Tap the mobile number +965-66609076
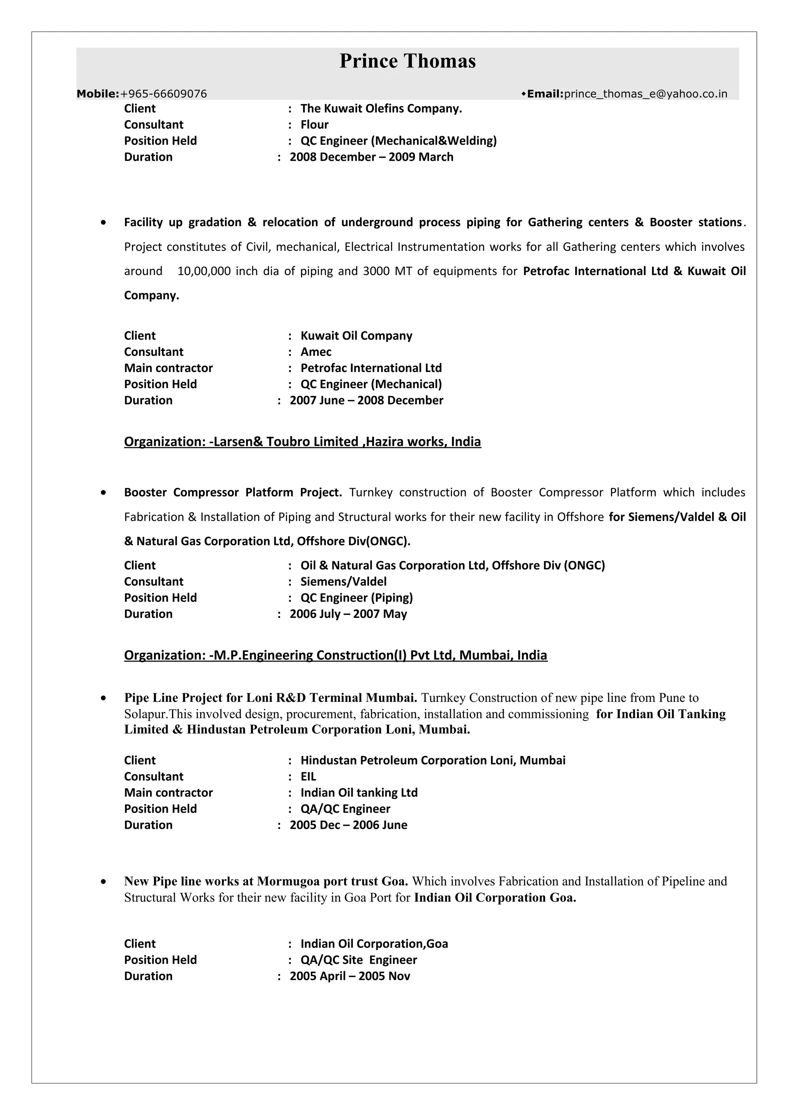pyautogui.click(x=163, y=94)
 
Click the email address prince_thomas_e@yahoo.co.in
pyautogui.click(x=645, y=94)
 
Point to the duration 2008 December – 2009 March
pyautogui.click(x=371, y=157)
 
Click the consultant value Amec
pyautogui.click(x=316, y=352)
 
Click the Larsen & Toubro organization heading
pyautogui.click(x=302, y=442)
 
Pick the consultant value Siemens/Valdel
pyautogui.click(x=343, y=582)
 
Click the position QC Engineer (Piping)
pyautogui.click(x=356, y=598)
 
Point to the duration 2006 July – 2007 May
pyautogui.click(x=348, y=614)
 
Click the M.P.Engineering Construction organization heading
pyautogui.click(x=335, y=656)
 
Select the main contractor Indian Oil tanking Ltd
pyautogui.click(x=359, y=793)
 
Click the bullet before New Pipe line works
pyautogui.click(x=103, y=881)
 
